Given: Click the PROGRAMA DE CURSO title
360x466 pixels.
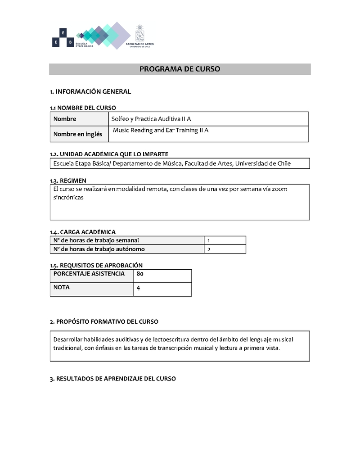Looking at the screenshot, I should coord(180,69).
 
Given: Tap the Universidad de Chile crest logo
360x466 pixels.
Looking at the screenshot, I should coord(140,34).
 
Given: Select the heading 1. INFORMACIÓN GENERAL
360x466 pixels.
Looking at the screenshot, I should coord(90,92).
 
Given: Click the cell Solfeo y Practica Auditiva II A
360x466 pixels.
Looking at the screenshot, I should coord(151,119).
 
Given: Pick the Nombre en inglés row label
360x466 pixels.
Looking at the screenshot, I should coord(77,134).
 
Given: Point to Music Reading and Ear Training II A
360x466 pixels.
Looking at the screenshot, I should coord(161,131).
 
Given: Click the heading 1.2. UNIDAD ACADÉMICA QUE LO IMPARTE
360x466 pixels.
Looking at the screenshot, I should coord(109,154).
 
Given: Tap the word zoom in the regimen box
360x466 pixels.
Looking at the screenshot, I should coord(279,189).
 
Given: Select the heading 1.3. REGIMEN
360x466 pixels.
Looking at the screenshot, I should coord(68,181).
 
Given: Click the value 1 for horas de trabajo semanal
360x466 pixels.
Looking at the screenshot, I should coord(209,241).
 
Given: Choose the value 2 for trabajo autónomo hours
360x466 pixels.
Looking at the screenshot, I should coord(209,249).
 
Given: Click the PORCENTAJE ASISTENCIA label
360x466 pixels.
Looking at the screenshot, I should coord(89,274).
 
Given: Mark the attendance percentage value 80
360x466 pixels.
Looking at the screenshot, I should coord(140,274).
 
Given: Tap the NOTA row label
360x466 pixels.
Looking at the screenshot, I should coord(62,287).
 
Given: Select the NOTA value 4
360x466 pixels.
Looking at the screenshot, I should coord(138,288).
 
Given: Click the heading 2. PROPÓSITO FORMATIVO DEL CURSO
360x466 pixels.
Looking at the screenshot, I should coord(104,322).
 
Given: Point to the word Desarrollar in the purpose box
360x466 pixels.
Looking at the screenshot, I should coord(68,339).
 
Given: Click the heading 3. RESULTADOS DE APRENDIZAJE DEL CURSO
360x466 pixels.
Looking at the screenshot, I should coord(112,379).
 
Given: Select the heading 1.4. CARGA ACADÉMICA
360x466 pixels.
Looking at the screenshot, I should coord(82,232).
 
